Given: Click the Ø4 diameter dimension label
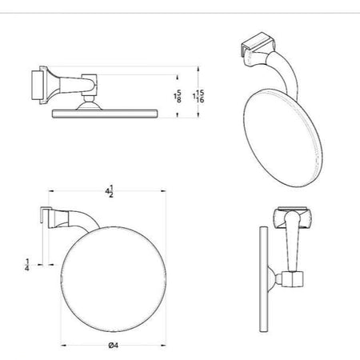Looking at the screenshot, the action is tap(114, 346).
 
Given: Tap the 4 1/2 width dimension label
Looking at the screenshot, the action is tap(110, 191).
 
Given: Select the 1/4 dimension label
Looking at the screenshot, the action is tap(27, 265).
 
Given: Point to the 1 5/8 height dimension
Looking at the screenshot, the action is tap(178, 97).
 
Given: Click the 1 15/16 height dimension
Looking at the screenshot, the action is tap(198, 97).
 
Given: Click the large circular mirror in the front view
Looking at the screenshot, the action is tap(114, 279).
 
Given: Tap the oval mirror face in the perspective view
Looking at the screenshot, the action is tap(282, 138).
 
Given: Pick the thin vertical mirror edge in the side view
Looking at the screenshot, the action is tap(263, 279).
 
